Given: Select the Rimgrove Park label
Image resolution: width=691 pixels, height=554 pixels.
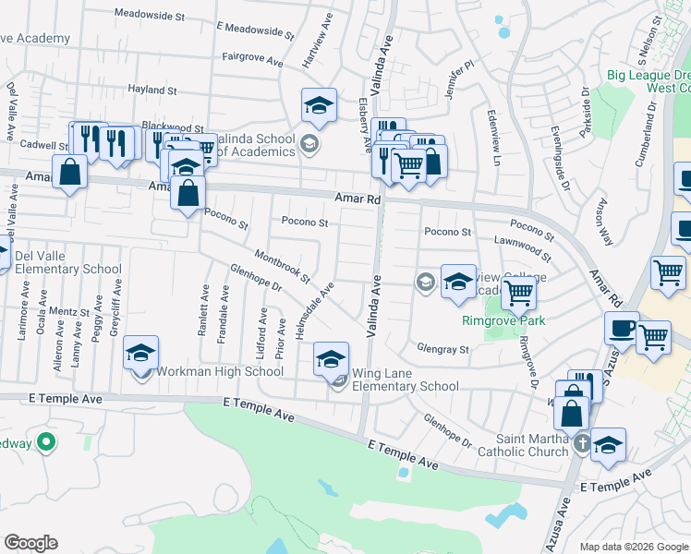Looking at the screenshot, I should point(503,321).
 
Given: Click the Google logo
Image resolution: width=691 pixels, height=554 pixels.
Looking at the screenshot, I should point(30,543).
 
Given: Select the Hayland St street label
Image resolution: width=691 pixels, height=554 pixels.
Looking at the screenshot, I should point(152,90).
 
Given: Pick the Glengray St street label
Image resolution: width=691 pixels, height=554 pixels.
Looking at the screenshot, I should point(443,350).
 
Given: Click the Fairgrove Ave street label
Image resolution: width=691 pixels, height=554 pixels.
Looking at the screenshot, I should point(252,57).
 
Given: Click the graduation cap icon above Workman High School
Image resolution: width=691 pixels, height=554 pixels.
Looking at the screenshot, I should point(140,352).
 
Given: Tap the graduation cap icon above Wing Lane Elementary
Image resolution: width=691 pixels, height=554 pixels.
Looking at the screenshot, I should point(332,358).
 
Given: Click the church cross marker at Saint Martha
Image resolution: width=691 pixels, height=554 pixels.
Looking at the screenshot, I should point(582,444).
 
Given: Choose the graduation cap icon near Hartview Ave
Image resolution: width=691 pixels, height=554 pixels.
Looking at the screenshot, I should point(319,105).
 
